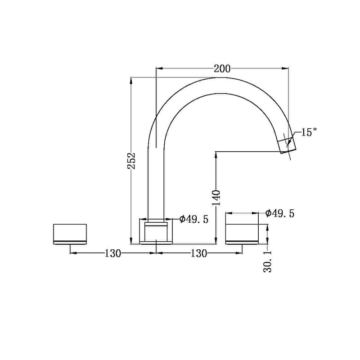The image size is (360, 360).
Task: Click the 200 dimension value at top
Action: tap(222, 68)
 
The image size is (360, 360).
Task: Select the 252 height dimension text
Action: tap(131, 161)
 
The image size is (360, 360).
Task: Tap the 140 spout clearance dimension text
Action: tap(216, 198)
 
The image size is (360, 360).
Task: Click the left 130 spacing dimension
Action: tap(113, 253)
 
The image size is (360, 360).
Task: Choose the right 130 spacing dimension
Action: tap(199, 253)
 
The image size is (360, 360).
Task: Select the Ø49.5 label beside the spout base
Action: tap(194, 219)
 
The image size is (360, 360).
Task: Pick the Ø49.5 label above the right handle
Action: tap(279, 213)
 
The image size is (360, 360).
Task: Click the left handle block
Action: tap(70, 234)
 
